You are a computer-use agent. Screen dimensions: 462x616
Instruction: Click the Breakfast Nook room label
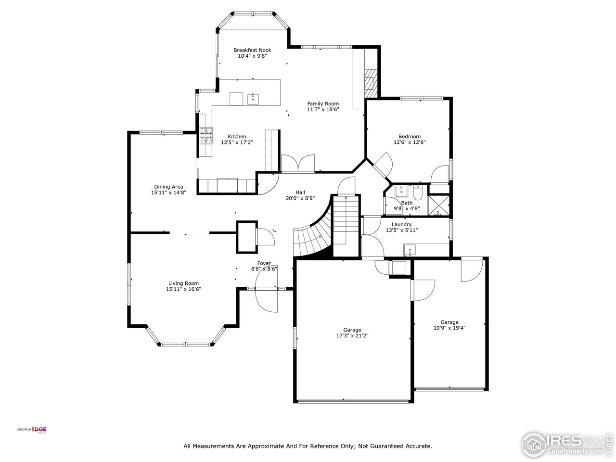(x=252, y=50)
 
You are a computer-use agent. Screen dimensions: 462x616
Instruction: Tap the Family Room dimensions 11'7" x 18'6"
(x=323, y=110)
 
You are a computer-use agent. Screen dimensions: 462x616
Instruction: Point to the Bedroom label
(x=409, y=136)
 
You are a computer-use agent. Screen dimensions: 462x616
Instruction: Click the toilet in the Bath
(x=417, y=193)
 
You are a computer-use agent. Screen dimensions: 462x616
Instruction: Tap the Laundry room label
(x=401, y=224)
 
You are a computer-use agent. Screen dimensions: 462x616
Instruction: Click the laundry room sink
(x=409, y=250)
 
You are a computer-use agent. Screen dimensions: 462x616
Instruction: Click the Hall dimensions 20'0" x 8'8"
(x=300, y=198)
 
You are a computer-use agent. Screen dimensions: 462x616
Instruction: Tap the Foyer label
(x=264, y=263)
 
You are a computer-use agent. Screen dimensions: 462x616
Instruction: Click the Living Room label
(x=183, y=283)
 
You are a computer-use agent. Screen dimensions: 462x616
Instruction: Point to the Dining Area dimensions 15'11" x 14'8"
(x=168, y=192)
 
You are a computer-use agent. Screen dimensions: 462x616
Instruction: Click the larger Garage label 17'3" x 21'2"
(x=352, y=330)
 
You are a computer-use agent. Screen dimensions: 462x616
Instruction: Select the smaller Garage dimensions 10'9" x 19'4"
(x=449, y=328)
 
